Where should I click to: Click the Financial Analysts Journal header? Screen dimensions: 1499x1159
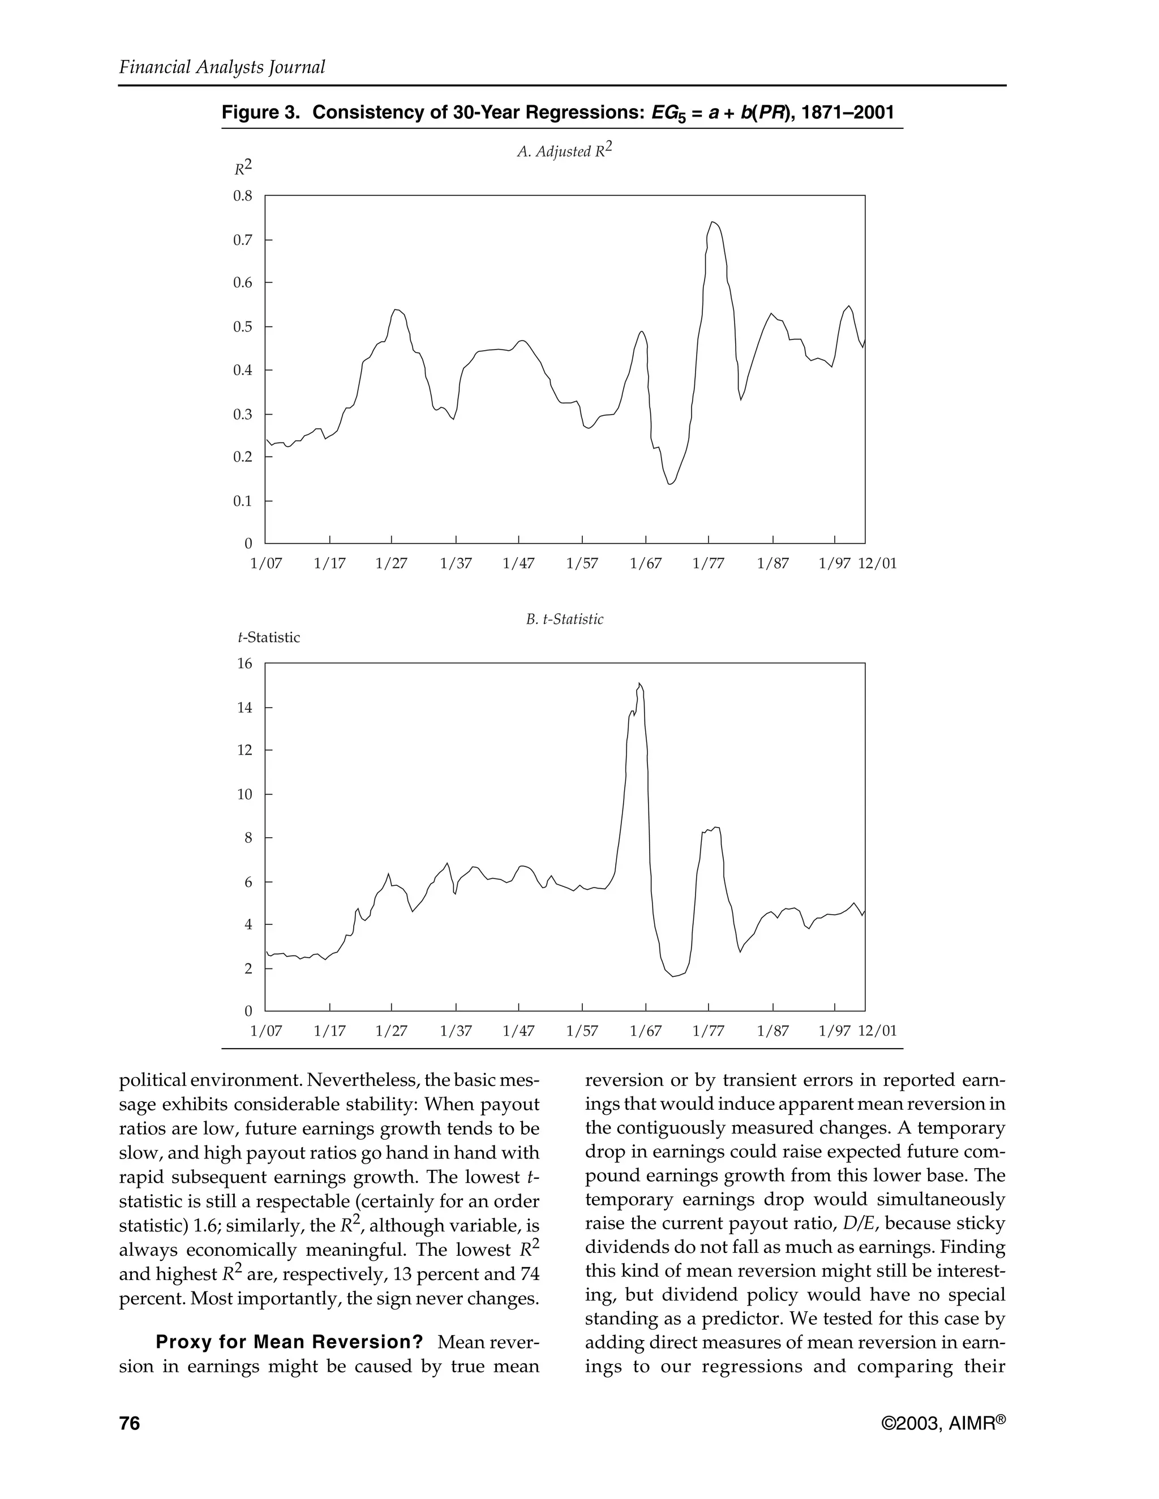point(222,67)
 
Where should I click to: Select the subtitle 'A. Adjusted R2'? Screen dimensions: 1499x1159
point(564,151)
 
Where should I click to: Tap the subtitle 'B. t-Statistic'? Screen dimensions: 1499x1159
point(564,619)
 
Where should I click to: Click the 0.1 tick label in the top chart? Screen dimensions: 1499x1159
point(243,501)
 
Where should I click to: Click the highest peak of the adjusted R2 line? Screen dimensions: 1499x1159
point(714,222)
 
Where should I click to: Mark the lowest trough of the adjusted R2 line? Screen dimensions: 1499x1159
point(670,485)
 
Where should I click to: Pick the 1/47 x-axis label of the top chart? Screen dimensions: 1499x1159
point(518,564)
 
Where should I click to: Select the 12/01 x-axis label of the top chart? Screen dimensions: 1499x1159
point(878,564)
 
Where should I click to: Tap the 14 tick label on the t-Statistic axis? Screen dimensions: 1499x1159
point(245,708)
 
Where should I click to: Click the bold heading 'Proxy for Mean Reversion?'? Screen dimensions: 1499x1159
point(289,1342)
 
